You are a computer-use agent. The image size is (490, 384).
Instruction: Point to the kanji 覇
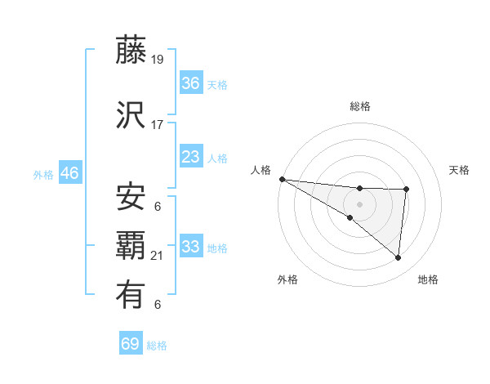pos(131,247)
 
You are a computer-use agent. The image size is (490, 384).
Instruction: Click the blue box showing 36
pos(191,83)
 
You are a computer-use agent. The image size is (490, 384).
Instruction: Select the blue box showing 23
pos(191,157)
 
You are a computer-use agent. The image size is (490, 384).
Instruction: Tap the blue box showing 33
pos(191,247)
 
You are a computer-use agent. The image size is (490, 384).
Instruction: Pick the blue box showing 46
pos(69,173)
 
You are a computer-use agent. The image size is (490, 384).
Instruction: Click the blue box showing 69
pos(130,344)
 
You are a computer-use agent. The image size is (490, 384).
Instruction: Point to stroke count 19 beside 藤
pos(158,59)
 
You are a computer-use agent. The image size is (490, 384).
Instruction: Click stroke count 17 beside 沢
pos(158,124)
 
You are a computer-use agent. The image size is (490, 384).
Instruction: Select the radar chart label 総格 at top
pos(360,106)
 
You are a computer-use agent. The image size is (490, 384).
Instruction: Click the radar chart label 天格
pos(460,170)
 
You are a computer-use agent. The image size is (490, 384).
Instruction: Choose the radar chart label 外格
pos(287,279)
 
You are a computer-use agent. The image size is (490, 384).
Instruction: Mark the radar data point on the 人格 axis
pos(282,179)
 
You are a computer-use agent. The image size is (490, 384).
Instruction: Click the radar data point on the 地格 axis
pos(398,257)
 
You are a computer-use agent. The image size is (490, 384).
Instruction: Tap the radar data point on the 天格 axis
pos(406,190)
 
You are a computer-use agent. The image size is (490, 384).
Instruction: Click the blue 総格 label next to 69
pos(157,346)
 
